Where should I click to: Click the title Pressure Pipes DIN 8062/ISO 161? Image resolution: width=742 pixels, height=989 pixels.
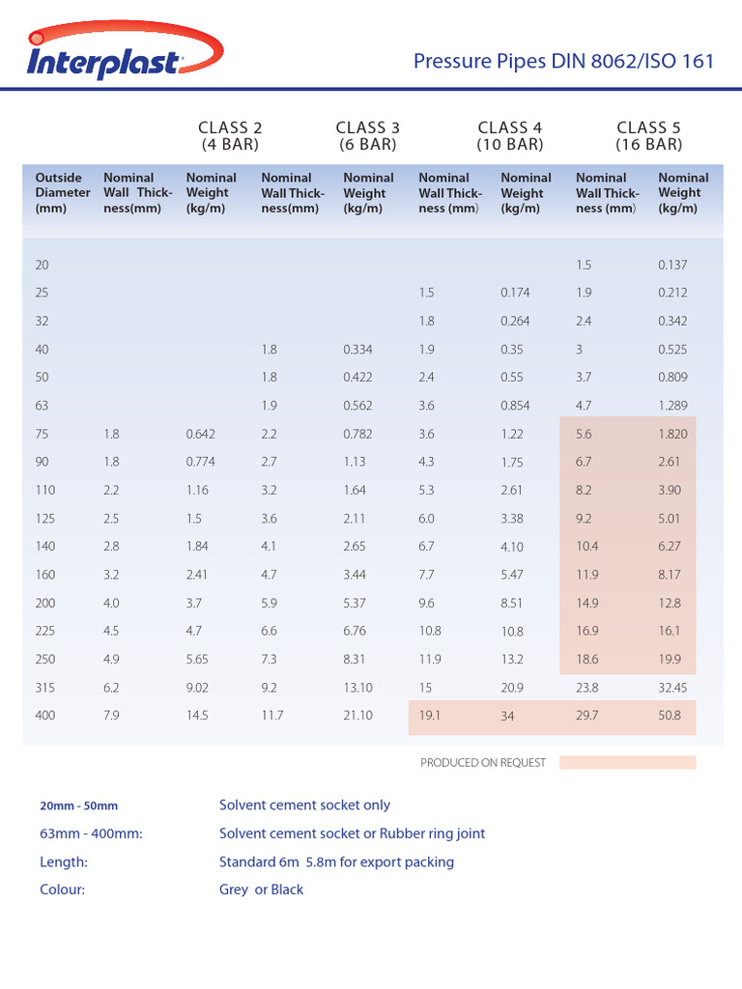pos(563,62)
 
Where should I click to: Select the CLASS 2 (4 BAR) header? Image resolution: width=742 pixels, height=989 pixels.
pos(230,136)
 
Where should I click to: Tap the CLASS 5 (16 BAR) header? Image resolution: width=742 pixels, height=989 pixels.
pos(649,136)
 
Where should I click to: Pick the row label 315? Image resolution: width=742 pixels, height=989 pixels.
pos(45,688)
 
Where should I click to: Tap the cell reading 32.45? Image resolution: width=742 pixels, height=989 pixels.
pos(675,688)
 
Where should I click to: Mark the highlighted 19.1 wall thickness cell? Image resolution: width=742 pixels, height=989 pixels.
pos(430,717)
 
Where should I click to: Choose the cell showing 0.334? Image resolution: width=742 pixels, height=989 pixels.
pos(357,350)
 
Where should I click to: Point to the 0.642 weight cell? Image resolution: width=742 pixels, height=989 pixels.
pos(200,435)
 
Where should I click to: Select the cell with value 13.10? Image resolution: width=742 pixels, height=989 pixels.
pos(359,688)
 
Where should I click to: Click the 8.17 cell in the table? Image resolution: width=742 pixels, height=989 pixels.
pos(670,576)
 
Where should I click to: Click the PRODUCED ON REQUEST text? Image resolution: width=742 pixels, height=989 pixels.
pos(483,763)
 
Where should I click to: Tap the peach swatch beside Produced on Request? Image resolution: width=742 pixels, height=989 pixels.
pos(627,762)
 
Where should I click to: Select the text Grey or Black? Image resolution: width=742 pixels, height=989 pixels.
pos(261,890)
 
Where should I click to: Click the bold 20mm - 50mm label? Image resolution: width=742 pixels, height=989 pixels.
pos(78,805)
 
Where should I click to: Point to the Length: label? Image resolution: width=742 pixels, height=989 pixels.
pos(64,862)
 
